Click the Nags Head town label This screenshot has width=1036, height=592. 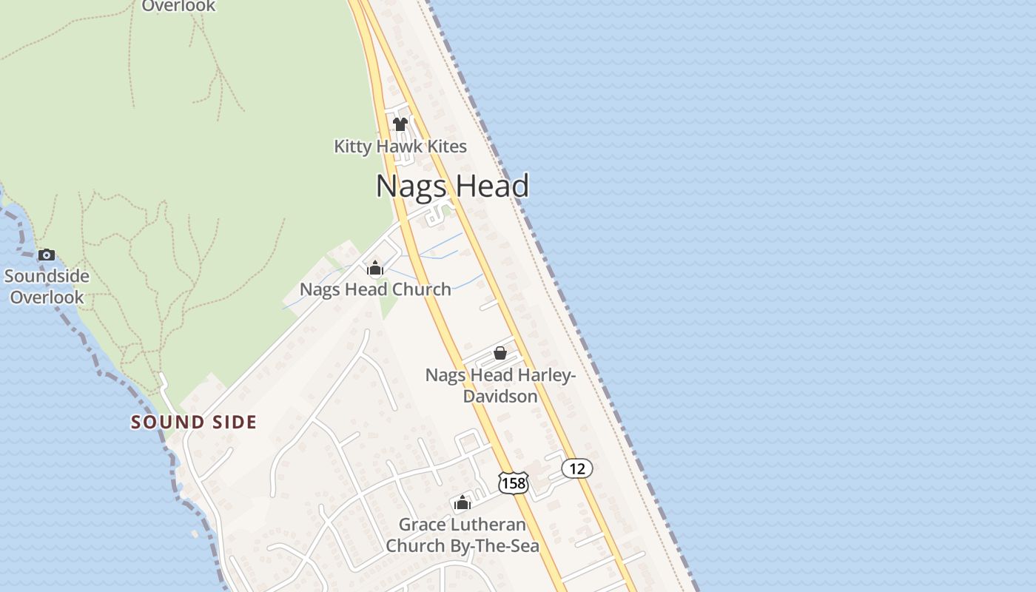pos(452,186)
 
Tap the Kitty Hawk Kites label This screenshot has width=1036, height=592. pos(400,147)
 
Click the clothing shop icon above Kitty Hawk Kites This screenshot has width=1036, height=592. pos(400,124)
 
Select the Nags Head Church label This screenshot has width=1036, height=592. pos(375,289)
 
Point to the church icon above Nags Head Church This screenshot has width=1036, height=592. pos(375,268)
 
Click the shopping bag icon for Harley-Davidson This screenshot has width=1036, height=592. pos(500,353)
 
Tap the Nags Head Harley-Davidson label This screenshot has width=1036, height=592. pos(500,386)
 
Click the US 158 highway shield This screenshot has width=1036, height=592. pos(513,483)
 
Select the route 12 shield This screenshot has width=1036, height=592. pos(577,468)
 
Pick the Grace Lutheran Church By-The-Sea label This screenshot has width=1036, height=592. pos(462,536)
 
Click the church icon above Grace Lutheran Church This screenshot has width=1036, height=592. pos(462,503)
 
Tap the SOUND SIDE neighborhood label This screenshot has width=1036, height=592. pos(194,423)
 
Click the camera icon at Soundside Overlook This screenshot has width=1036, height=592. pos(47,255)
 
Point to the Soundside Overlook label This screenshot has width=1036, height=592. pos(47,287)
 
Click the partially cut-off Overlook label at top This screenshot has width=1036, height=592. pos(178,6)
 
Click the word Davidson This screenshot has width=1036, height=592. pos(500,397)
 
